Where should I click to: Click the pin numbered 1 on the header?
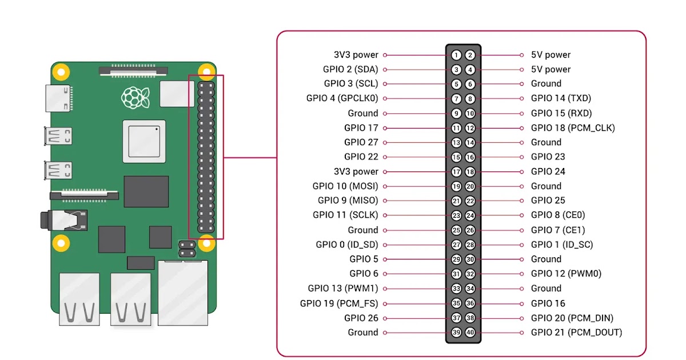tap(456, 55)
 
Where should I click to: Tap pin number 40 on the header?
tap(470, 333)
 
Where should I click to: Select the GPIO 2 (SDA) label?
tap(350, 69)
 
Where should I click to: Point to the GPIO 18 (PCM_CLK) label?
tap(572, 128)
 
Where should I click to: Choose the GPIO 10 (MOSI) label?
tap(345, 186)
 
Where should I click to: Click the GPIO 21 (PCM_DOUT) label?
tap(576, 332)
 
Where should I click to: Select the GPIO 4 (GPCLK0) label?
tap(342, 98)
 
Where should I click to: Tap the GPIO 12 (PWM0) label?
tap(566, 274)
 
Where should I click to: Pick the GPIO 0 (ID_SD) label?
tap(347, 245)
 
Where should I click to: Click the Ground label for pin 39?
tap(363, 332)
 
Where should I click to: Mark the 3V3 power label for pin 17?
tap(356, 171)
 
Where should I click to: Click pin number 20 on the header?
tap(470, 186)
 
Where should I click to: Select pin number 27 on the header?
tap(456, 245)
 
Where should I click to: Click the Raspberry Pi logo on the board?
tap(135, 97)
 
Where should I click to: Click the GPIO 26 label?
tap(361, 318)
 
